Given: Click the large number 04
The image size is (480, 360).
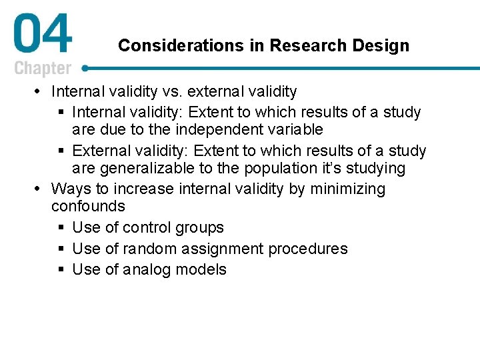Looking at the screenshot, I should point(42,36).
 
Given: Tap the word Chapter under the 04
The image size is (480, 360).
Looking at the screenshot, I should point(43,69).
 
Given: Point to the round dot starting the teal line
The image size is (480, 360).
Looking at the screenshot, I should point(86,68).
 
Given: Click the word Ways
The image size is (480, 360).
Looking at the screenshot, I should point(69,189).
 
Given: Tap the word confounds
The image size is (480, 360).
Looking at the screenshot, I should point(88,207).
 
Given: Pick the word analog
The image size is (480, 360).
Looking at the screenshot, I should point(146,270).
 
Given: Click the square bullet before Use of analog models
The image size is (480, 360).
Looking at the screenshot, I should point(61,270).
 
